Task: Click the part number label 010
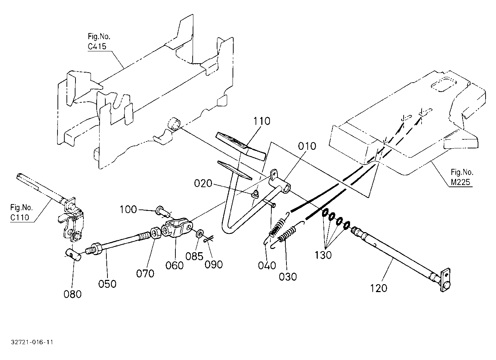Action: coord(307,146)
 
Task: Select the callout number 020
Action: coord(203,184)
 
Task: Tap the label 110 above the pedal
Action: coord(262,121)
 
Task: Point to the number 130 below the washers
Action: coord(323,255)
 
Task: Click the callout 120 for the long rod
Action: coord(378,288)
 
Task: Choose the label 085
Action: coord(194,257)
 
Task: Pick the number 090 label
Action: coord(213,264)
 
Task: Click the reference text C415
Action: coord(97,46)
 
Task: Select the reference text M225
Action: coord(460,182)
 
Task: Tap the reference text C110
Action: coord(20,217)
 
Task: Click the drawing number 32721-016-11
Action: coord(32,342)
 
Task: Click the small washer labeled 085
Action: coord(201,234)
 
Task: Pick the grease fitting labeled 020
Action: coord(255,194)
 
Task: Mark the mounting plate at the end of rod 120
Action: coord(445,280)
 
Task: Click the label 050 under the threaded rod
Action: coord(107,284)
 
